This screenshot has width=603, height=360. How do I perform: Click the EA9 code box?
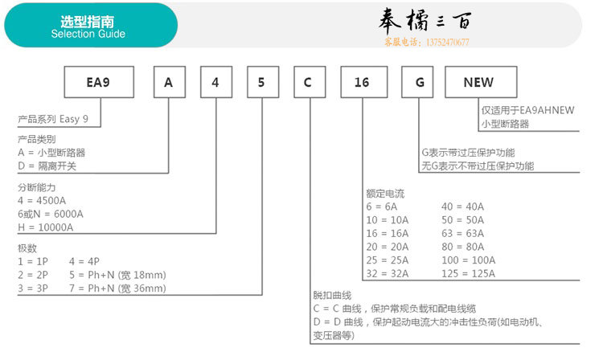(x=99, y=82)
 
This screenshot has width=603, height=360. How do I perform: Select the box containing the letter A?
(x=169, y=82)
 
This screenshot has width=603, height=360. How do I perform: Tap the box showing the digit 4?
(x=216, y=82)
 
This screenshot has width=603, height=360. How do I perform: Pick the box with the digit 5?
(x=263, y=82)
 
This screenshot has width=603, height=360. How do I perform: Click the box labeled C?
(x=310, y=82)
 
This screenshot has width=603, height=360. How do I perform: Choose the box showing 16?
(x=363, y=82)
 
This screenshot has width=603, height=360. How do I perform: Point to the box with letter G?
(x=417, y=82)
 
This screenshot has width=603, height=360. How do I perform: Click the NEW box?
(x=481, y=82)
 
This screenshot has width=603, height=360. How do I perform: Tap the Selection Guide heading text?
(x=88, y=34)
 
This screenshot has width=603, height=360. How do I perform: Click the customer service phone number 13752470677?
(x=448, y=43)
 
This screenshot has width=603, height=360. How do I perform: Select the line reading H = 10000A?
(x=45, y=227)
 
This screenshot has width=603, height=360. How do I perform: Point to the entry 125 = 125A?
(x=469, y=273)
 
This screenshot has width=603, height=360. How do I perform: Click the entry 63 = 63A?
(x=462, y=233)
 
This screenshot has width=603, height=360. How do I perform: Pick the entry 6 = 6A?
(x=381, y=207)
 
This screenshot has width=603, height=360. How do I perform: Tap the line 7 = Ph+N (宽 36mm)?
(x=117, y=288)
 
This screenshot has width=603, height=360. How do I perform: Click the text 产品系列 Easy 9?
(x=53, y=119)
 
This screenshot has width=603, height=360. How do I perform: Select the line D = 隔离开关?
(x=47, y=166)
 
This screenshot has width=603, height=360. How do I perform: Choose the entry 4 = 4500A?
(x=42, y=201)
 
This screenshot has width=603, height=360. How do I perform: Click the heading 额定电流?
(x=385, y=193)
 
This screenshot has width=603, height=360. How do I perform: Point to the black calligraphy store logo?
(x=425, y=20)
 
